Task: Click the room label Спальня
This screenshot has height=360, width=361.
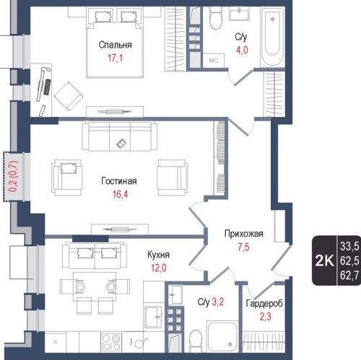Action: coord(116,45)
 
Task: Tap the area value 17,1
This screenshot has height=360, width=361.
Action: coord(116,58)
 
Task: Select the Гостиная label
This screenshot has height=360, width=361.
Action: coord(119,181)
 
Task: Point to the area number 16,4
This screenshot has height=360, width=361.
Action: coord(121,194)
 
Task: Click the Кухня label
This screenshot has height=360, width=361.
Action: coord(159,255)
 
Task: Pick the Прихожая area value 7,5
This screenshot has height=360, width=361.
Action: coord(244,247)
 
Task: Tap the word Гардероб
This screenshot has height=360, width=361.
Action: coord(264,304)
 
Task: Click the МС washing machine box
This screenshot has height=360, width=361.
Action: coord(214,61)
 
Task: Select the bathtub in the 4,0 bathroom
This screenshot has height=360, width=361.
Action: coord(272,37)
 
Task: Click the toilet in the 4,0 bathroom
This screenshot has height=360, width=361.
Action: coord(216,17)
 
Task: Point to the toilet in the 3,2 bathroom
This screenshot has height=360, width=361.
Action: coord(196,341)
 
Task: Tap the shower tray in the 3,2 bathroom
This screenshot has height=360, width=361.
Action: coord(222,336)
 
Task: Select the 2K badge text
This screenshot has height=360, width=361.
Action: coord(325,260)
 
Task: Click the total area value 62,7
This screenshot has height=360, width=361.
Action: coord(349,275)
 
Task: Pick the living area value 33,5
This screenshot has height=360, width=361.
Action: coord(349,246)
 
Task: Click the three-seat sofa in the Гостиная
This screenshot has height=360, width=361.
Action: coord(120,136)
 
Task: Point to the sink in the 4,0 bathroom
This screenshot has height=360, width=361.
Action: coord(240,14)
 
